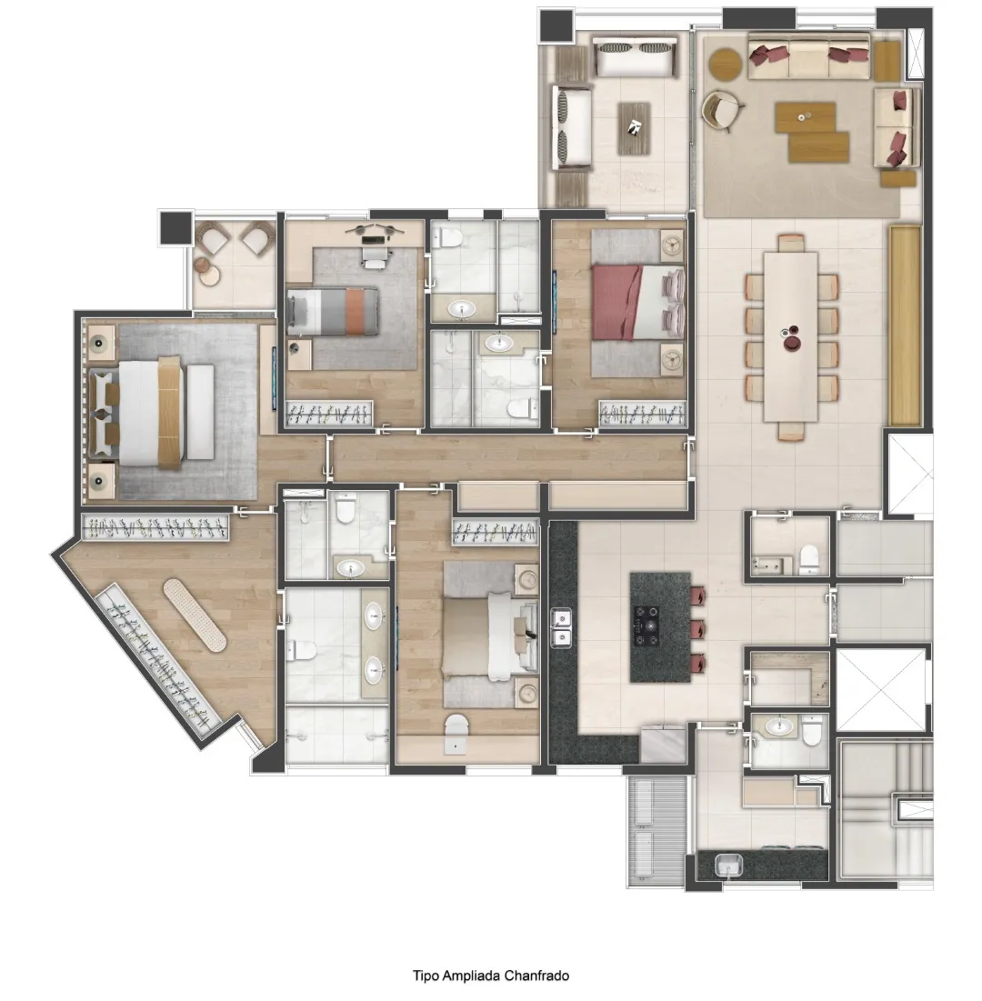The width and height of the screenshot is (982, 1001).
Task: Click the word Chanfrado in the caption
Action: [x=536, y=976]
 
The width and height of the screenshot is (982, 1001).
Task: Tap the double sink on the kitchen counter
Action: [x=561, y=627]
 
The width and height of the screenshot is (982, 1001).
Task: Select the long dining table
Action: [x=790, y=336]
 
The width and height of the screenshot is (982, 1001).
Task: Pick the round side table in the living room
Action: [x=726, y=64]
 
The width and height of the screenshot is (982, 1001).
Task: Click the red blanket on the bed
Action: [x=616, y=302]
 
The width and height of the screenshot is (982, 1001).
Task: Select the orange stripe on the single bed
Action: [x=355, y=312]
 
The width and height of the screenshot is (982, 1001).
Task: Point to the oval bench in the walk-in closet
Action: [x=194, y=615]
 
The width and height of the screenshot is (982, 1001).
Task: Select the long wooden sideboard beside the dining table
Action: [x=905, y=325]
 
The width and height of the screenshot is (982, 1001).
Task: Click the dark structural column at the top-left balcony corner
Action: [x=555, y=25]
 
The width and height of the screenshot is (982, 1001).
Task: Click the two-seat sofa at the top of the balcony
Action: [x=635, y=56]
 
